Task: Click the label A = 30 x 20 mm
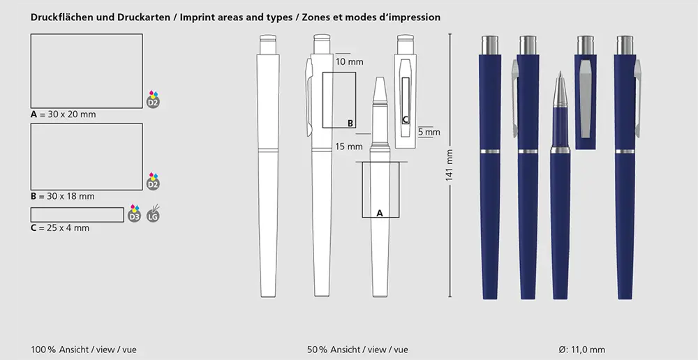(x=64, y=114)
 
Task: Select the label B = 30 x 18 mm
(x=63, y=196)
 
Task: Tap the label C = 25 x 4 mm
(x=60, y=228)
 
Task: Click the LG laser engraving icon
(x=153, y=214)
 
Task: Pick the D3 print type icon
(x=135, y=214)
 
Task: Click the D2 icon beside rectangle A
(x=153, y=100)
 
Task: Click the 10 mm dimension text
(x=349, y=62)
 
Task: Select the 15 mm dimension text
(x=349, y=147)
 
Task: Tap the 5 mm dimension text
(x=429, y=132)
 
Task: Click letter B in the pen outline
(x=350, y=123)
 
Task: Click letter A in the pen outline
(x=380, y=213)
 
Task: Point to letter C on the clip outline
(x=405, y=120)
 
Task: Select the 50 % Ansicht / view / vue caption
(x=357, y=350)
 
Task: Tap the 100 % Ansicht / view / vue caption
(x=84, y=350)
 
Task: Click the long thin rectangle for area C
(x=77, y=215)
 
